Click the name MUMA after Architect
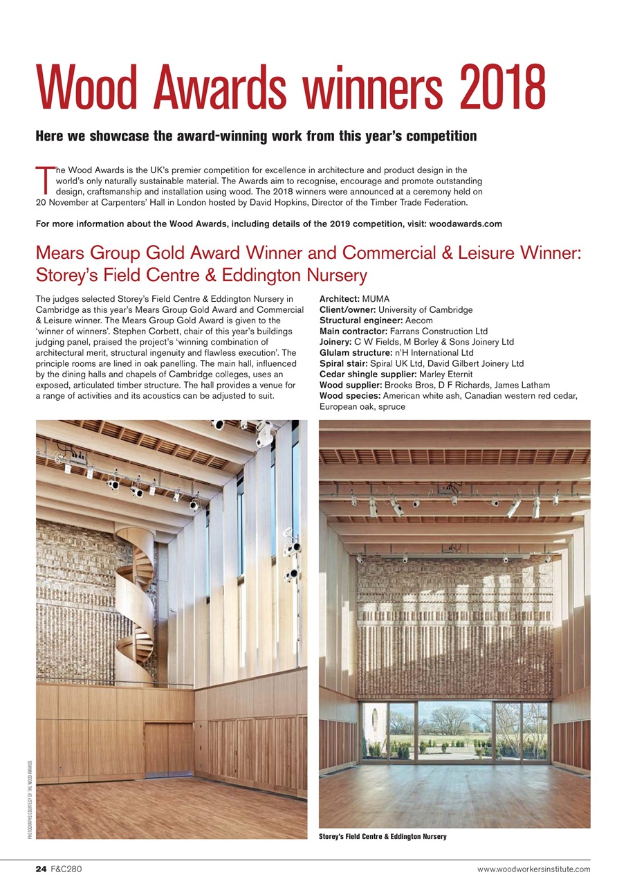pyautogui.click(x=376, y=299)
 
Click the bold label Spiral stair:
pyautogui.click(x=344, y=363)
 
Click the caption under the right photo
pyautogui.click(x=383, y=837)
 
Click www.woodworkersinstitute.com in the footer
pyautogui.click(x=533, y=869)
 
